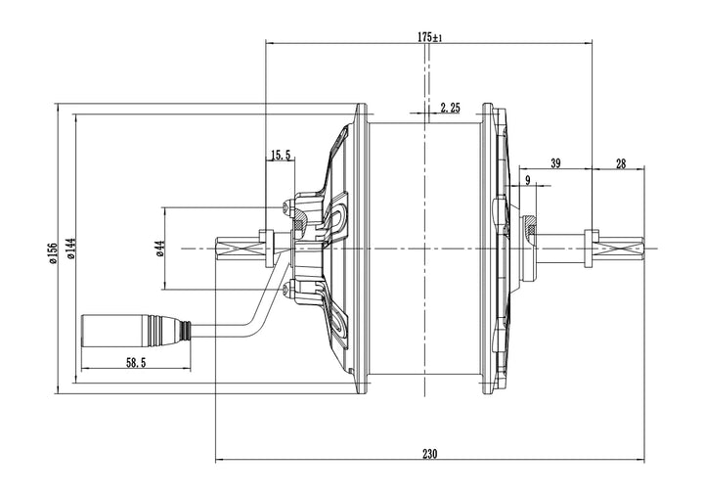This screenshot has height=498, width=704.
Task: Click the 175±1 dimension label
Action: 430,37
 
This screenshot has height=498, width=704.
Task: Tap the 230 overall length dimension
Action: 430,453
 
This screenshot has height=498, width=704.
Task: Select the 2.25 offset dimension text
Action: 450,108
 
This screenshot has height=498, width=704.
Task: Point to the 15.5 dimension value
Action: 282,155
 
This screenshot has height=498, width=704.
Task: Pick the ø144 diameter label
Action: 70,251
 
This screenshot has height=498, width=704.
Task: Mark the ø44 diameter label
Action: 158,249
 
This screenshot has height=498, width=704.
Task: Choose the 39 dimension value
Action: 554,163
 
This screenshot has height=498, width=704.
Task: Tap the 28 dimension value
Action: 621,163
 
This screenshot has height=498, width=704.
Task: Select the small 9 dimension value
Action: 528,180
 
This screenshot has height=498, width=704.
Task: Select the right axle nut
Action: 591,249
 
